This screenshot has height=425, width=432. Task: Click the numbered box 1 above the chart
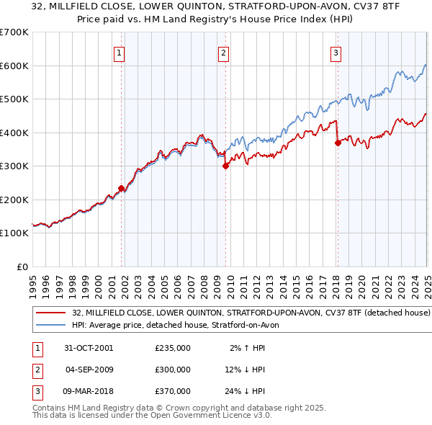click(x=118, y=53)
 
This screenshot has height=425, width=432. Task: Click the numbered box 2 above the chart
click(x=224, y=53)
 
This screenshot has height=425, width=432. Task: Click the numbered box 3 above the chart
click(x=336, y=53)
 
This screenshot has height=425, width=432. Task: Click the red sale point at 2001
click(x=121, y=188)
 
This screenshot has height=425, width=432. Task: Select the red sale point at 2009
click(x=225, y=166)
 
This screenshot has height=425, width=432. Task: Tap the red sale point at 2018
click(x=337, y=143)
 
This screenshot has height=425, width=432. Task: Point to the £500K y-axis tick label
click(x=14, y=99)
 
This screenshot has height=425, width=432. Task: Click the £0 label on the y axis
click(x=22, y=267)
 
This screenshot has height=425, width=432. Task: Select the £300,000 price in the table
click(x=173, y=370)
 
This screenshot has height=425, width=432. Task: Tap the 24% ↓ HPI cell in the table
click(x=244, y=391)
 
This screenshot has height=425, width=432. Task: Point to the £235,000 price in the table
click(x=173, y=348)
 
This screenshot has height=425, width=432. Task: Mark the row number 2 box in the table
click(x=37, y=370)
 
